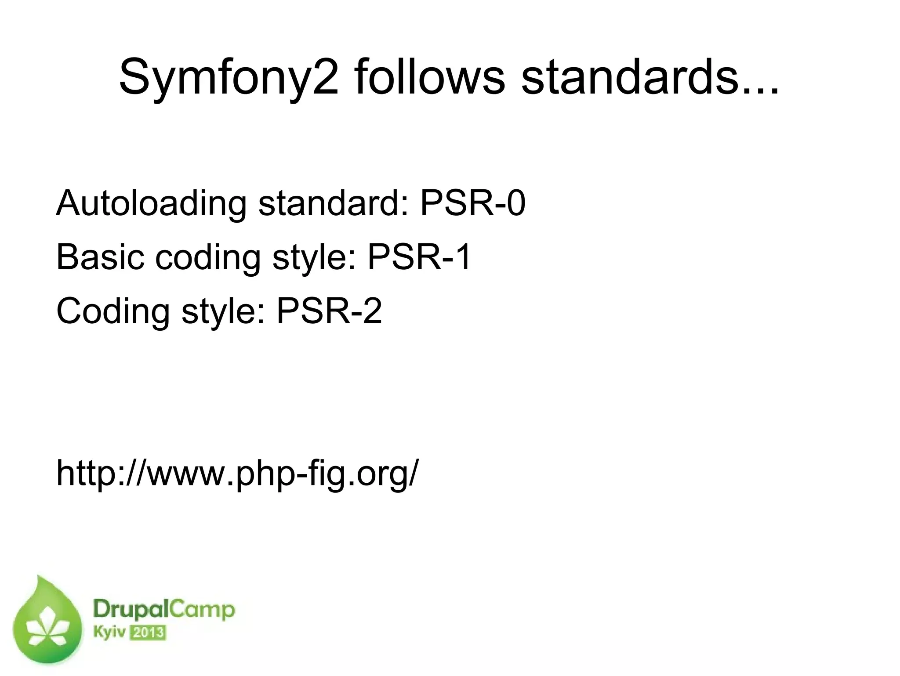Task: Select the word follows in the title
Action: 430,77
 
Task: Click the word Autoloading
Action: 151,204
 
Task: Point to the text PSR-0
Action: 472,203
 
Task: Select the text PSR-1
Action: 419,257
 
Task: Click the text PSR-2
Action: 329,311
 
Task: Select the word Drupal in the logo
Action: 126,611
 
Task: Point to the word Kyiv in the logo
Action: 109,633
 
